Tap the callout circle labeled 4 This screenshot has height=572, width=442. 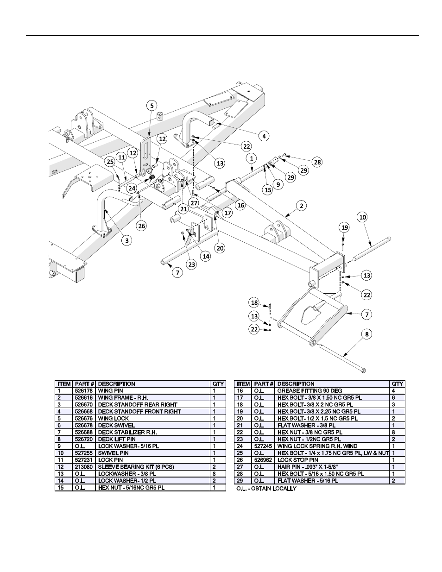click(264, 136)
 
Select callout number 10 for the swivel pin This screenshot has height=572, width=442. click(362, 217)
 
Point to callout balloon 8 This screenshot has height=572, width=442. click(366, 334)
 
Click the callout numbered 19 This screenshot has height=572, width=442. click(343, 227)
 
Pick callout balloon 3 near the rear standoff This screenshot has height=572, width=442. click(127, 240)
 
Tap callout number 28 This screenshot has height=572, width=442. click(317, 162)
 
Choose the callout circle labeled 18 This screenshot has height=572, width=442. click(254, 302)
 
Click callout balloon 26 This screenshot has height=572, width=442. click(142, 226)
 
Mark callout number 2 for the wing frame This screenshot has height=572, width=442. click(302, 206)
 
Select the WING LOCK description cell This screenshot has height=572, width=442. click(114, 419)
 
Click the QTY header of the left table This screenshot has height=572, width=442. click(218, 384)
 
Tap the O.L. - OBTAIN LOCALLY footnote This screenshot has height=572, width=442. click(266, 489)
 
